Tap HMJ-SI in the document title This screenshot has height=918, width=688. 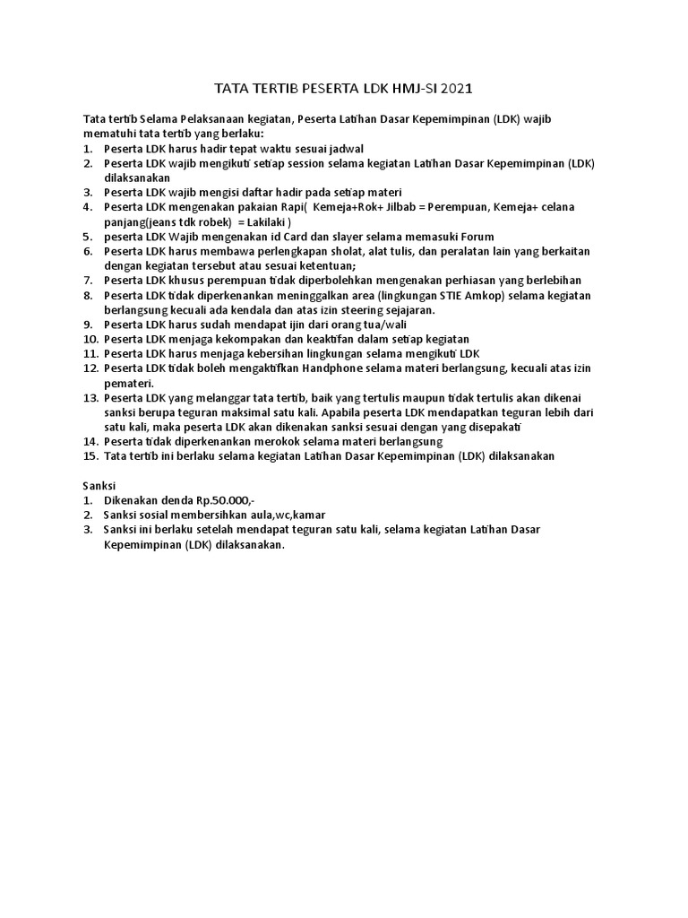pos(408,89)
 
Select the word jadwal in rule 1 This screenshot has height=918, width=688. pos(343,149)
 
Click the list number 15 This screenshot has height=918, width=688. pos(89,456)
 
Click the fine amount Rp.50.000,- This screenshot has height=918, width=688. pos(231,500)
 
